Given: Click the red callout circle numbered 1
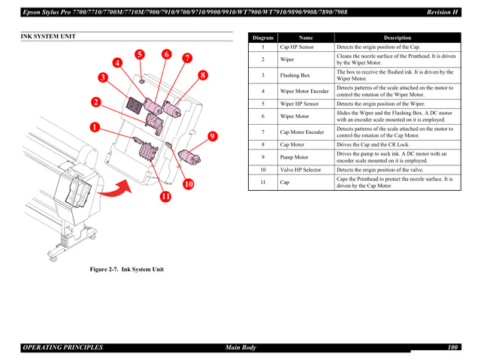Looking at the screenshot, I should pyautogui.click(x=94, y=128).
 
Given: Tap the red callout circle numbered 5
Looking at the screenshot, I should pyautogui.click(x=140, y=54).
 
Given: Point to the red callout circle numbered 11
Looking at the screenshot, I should pyautogui.click(x=165, y=197).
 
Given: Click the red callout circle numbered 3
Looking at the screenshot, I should pyautogui.click(x=102, y=77).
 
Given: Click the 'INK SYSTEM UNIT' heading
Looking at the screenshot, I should pyautogui.click(x=48, y=36).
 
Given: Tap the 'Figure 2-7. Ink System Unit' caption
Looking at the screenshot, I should pyautogui.click(x=127, y=269).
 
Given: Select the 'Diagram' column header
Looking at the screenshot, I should pyautogui.click(x=263, y=38).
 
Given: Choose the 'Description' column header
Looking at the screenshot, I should pyautogui.click(x=397, y=38).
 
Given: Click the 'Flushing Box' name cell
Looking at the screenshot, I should pyautogui.click(x=295, y=75).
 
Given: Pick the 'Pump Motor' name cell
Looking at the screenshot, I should pyautogui.click(x=294, y=157).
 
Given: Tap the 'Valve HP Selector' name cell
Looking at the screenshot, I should pyautogui.click(x=301, y=170).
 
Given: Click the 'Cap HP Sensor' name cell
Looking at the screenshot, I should pyautogui.click(x=297, y=47).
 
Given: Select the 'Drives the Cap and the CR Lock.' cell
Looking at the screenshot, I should pyautogui.click(x=374, y=144).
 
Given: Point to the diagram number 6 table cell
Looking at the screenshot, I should pyautogui.click(x=263, y=116).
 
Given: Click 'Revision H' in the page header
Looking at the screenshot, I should pyautogui.click(x=443, y=12).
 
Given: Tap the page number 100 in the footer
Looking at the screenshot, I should pyautogui.click(x=452, y=348).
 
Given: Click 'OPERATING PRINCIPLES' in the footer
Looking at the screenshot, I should pyautogui.click(x=63, y=348).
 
